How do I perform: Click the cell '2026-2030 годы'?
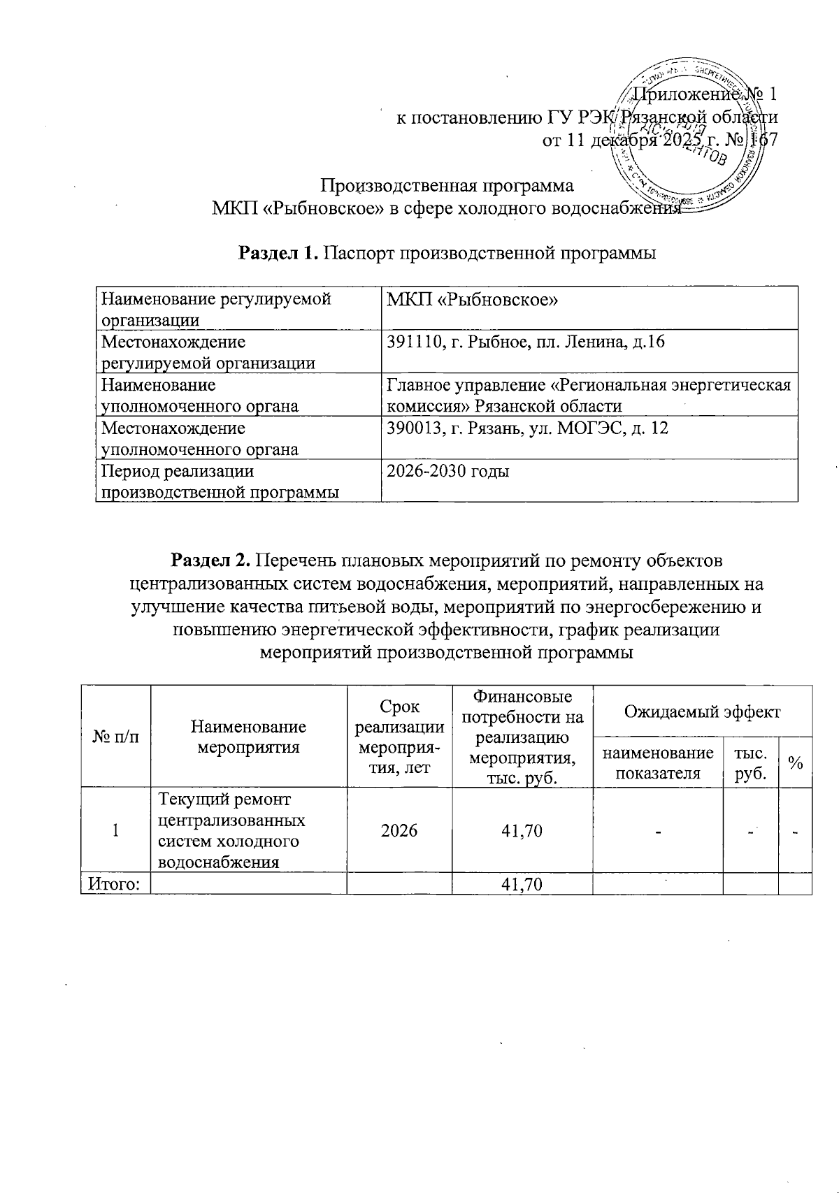coord(447,471)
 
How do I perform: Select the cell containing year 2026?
coord(399,830)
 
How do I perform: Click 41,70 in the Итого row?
coord(522,885)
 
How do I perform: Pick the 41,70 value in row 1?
coord(522,830)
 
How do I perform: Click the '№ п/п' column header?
coord(115,737)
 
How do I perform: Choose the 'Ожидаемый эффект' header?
coord(701,711)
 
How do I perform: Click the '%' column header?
coord(795,763)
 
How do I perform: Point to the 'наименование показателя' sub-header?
coord(657,763)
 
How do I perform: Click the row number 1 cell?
coord(115,830)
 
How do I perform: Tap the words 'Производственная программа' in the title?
coord(447,186)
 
